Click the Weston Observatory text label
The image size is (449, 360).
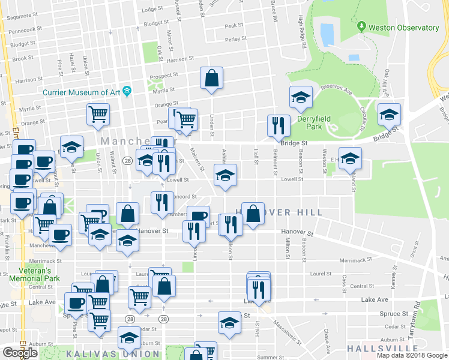pyautogui.click(x=403, y=28)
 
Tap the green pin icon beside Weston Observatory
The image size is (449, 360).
pyautogui.click(x=361, y=27)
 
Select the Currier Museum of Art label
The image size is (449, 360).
pyautogui.click(x=82, y=92)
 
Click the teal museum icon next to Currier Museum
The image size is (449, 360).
pyautogui.click(x=127, y=91)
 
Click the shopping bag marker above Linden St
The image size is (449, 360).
pyautogui.click(x=211, y=78)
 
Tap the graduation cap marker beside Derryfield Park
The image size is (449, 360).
pyautogui.click(x=301, y=97)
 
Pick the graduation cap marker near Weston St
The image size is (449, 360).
pyautogui.click(x=350, y=158)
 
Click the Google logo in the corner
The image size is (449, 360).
pyautogui.click(x=20, y=353)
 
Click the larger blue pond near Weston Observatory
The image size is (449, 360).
pyautogui.click(x=327, y=34)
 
